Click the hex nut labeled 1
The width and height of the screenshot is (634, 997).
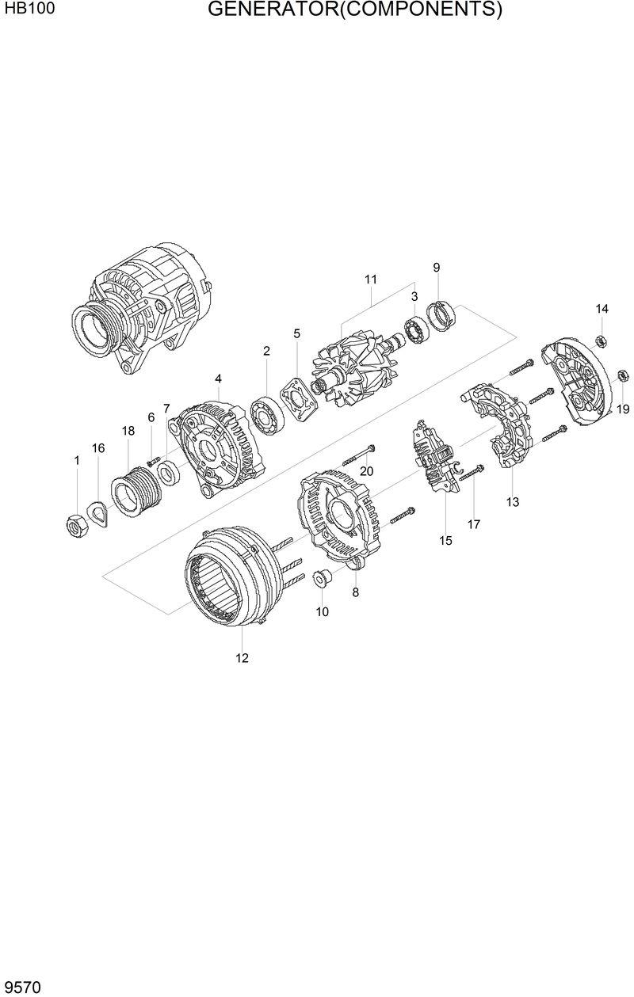point(75,524)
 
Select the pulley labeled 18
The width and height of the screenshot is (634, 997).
point(136,493)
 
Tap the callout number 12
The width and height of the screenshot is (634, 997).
point(242,657)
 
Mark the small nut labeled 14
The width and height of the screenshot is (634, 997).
point(601,341)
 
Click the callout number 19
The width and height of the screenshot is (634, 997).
point(623,409)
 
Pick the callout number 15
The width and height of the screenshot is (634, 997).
point(445,541)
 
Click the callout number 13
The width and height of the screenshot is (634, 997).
point(513,501)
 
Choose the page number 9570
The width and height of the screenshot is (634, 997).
point(23,986)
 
